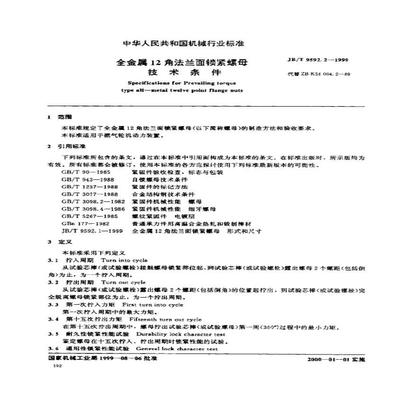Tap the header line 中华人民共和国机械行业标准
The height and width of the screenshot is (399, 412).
pos(183,44)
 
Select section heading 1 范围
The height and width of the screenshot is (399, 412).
pos(60,117)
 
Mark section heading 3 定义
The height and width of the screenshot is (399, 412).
pos(60,242)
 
